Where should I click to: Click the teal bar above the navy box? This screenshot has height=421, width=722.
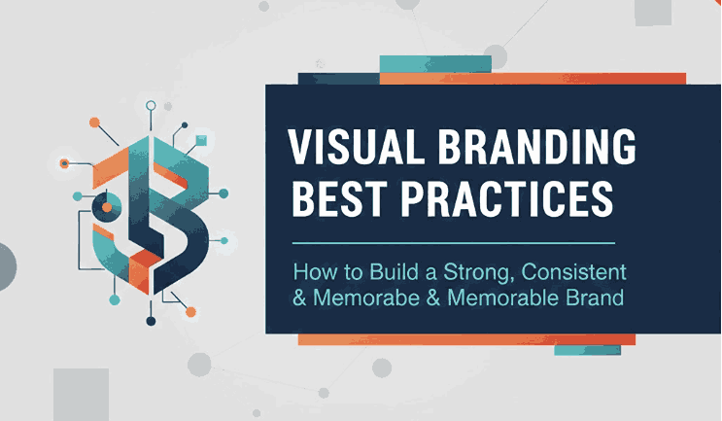(x=434, y=63)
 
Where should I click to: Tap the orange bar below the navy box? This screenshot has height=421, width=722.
(x=466, y=339)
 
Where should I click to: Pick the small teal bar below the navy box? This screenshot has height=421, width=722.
(x=587, y=350)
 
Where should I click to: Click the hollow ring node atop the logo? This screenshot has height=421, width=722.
(x=150, y=105)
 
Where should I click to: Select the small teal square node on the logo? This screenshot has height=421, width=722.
(x=201, y=141)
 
